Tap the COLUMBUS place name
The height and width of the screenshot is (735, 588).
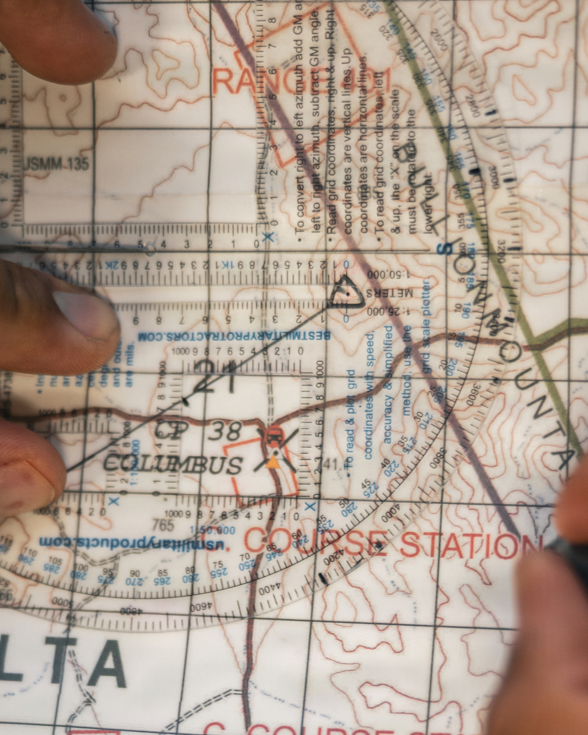point(173,464)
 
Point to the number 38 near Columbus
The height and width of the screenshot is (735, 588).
point(225,432)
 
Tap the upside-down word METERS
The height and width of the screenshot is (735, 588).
point(389,292)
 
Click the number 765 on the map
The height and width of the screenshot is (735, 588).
point(163,525)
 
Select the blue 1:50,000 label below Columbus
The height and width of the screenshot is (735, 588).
point(212,530)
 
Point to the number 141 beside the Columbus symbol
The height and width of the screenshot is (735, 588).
point(329,464)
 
